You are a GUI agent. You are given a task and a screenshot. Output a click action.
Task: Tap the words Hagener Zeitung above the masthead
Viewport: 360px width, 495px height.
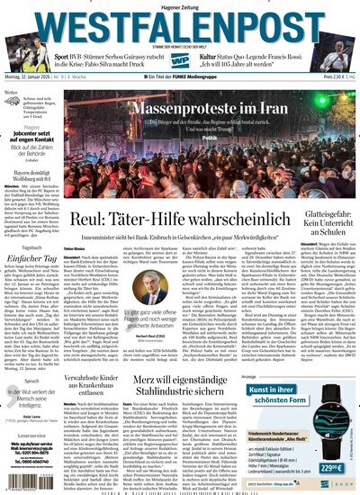pyautogui.click(x=180, y=6)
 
